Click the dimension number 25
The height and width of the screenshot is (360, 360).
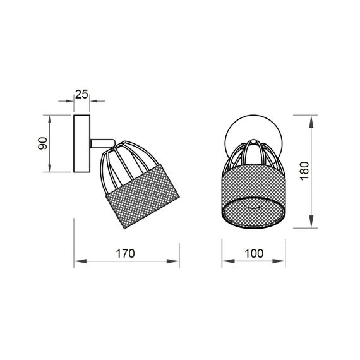81,95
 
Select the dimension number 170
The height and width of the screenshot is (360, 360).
126,255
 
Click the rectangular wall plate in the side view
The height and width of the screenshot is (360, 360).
83,143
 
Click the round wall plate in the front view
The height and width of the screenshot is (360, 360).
253,129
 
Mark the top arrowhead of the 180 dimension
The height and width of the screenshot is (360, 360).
314,119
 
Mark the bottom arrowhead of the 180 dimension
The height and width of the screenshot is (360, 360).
314,224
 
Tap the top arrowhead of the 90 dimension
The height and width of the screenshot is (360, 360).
50,119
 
